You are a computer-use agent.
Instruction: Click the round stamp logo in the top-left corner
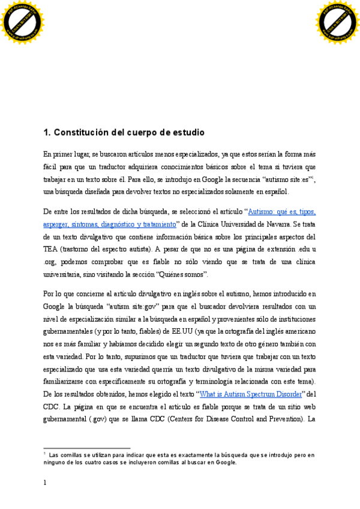[x=23, y=22]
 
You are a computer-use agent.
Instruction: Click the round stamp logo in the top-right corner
[x=337, y=22]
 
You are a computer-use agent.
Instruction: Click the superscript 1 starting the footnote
[x=45, y=454]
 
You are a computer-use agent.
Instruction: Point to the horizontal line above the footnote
[x=87, y=448]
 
